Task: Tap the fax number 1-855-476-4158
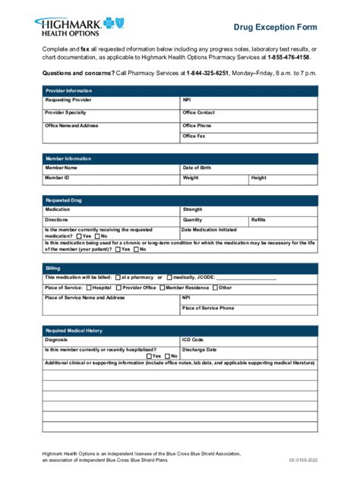(289, 57)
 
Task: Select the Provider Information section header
(180, 90)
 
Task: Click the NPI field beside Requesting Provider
(248, 100)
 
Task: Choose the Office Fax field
(248, 137)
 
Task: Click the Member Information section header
(180, 159)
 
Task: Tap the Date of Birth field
(248, 168)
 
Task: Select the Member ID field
(111, 179)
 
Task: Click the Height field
(283, 179)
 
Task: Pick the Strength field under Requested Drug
(248, 209)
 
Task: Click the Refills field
(283, 220)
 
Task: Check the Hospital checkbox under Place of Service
(90, 288)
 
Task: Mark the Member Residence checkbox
(161, 288)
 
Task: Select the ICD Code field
(248, 341)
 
